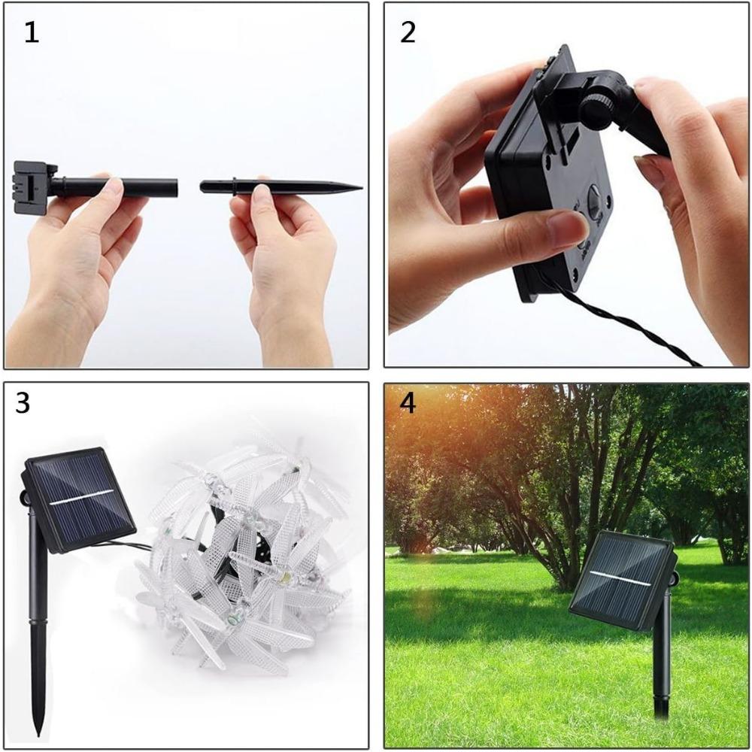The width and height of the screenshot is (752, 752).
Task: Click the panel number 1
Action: point(31,33)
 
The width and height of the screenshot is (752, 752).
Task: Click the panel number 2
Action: point(408,33)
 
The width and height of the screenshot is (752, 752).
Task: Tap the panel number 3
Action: point(23,404)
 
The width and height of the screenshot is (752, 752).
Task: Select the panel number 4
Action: point(408,404)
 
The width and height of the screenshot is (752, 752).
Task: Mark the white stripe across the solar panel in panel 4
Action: point(620,578)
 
